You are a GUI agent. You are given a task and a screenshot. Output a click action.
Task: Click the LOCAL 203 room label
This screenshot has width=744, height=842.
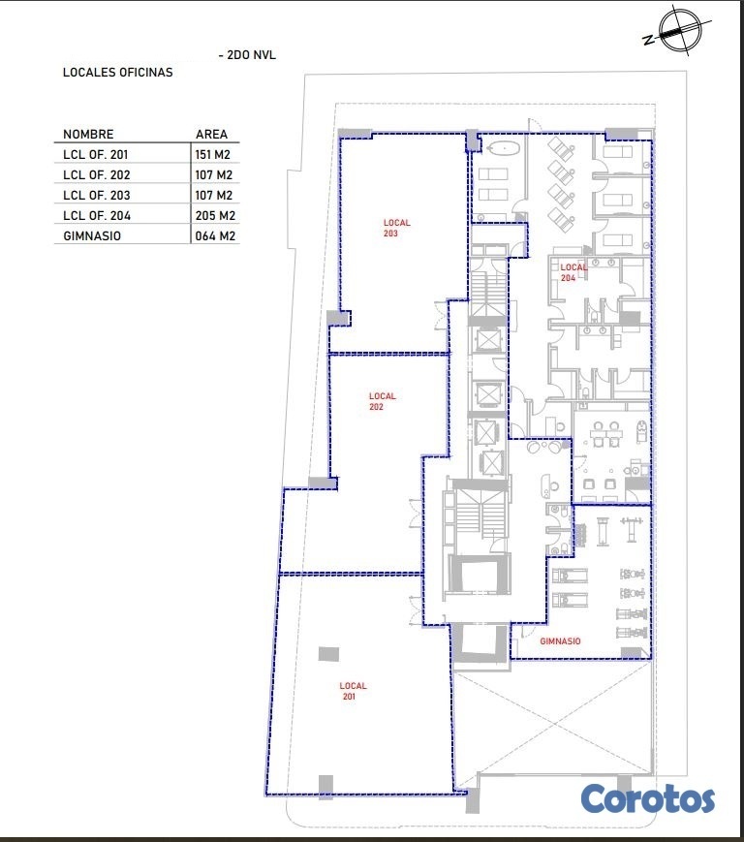[396, 228]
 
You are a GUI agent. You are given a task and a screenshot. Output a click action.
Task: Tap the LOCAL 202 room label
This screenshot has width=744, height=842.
[383, 401]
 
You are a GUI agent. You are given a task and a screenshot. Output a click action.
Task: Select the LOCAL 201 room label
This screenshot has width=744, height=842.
[353, 691]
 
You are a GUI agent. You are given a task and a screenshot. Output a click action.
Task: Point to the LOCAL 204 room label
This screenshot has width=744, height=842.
[573, 272]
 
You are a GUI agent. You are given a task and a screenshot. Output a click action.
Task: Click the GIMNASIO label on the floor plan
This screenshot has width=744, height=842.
[560, 641]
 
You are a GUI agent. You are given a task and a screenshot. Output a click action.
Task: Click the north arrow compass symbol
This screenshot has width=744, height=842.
[679, 32]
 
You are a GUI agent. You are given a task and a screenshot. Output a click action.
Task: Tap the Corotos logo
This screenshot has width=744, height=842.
[647, 799]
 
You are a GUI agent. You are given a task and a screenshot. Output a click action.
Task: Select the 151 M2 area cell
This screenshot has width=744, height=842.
[212, 155]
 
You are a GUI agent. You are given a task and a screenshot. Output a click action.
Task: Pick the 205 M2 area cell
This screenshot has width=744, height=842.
[215, 216]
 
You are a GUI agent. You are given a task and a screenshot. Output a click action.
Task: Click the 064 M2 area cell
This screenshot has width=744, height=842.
[215, 236]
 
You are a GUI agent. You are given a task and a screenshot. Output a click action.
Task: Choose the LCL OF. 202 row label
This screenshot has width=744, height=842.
[97, 175]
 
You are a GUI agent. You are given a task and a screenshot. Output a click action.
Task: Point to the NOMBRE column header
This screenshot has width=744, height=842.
[88, 135]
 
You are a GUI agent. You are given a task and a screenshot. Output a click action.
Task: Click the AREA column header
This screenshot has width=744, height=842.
[211, 135]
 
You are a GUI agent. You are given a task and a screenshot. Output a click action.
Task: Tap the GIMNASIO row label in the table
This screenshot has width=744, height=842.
[92, 236]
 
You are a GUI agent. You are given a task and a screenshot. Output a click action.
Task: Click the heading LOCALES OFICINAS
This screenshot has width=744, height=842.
[117, 73]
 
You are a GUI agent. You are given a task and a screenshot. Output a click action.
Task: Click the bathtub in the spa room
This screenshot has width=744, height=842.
[503, 149]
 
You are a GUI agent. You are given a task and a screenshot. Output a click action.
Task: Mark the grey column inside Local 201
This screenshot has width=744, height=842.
[328, 654]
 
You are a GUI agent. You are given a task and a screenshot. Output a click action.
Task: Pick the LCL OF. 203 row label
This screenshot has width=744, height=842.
[97, 196]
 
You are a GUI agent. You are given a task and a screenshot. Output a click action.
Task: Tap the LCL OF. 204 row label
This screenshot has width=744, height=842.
[97, 216]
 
